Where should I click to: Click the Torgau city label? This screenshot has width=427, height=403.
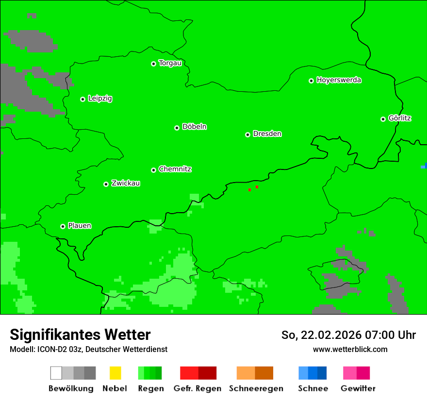pyautogui.click(x=170, y=63)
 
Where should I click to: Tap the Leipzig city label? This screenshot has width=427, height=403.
pyautogui.click(x=100, y=99)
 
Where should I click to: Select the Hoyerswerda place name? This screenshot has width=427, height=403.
pyautogui.click(x=339, y=80)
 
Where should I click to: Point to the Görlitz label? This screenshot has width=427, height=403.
pyautogui.click(x=399, y=118)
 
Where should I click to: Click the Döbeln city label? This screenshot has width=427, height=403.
pyautogui.click(x=194, y=127)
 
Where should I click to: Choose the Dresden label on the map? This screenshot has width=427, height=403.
pyautogui.click(x=267, y=134)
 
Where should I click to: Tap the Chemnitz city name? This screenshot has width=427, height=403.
pyautogui.click(x=175, y=169)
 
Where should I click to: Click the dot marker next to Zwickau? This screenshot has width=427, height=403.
pyautogui.click(x=106, y=184)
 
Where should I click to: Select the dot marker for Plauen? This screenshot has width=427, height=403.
pyautogui.click(x=63, y=226)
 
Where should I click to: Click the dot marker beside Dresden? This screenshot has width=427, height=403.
pyautogui.click(x=247, y=134)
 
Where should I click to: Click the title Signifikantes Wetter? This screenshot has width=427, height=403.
pyautogui.click(x=80, y=335)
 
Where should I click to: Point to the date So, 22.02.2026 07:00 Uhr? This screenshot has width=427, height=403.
pyautogui.click(x=348, y=335)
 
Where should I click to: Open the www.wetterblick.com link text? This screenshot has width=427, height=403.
pyautogui.click(x=350, y=349)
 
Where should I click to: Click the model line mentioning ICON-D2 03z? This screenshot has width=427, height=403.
pyautogui.click(x=88, y=349)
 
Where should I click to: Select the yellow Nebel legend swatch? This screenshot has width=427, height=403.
pyautogui.click(x=115, y=373)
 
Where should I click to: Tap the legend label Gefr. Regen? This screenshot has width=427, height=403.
pyautogui.click(x=197, y=388)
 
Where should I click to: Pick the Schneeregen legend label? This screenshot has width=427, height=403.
pyautogui.click(x=256, y=388)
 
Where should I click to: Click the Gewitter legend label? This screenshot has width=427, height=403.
pyautogui.click(x=358, y=388)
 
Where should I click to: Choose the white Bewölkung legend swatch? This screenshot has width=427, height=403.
pyautogui.click(x=56, y=373)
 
